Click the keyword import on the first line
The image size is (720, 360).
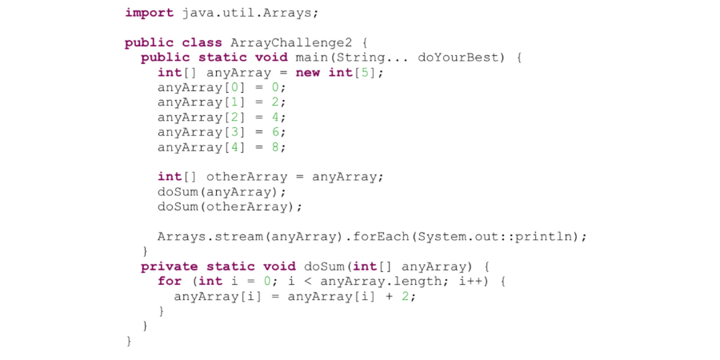149,13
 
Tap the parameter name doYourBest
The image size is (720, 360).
458,58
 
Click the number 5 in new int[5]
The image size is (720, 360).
369,73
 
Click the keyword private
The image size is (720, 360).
169,266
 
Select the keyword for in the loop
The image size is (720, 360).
169,282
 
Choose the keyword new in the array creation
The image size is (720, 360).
307,73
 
